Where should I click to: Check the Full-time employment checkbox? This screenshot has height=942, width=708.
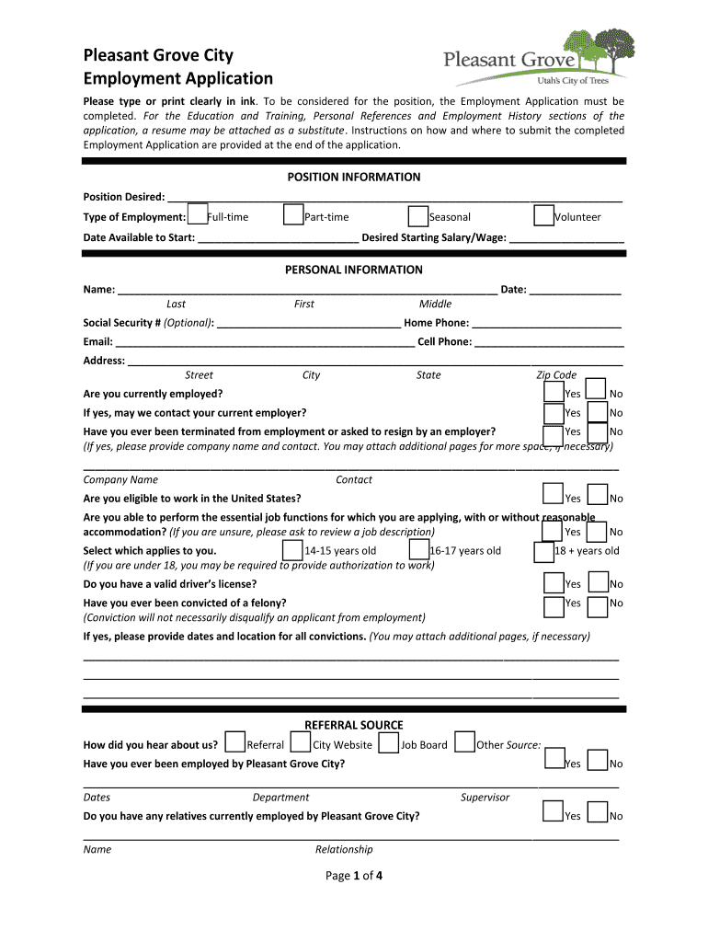pos(197,215)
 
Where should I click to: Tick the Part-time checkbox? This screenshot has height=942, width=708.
pos(294,215)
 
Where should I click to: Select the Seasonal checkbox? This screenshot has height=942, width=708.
pos(418,215)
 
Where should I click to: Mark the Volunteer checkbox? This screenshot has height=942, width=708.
pos(543,215)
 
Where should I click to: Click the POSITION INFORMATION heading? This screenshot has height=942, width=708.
pos(354,177)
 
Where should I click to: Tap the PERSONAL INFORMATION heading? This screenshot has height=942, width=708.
pos(354,270)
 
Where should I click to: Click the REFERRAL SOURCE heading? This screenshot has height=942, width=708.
pos(354,725)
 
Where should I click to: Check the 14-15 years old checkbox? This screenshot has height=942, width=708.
pos(293,550)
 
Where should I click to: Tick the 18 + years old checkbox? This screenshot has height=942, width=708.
pos(543,552)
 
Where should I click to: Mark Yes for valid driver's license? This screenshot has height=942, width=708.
pos(553,582)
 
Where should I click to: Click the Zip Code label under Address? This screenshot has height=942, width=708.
pos(556,374)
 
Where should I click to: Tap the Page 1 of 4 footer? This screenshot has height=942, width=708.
pos(354,876)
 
